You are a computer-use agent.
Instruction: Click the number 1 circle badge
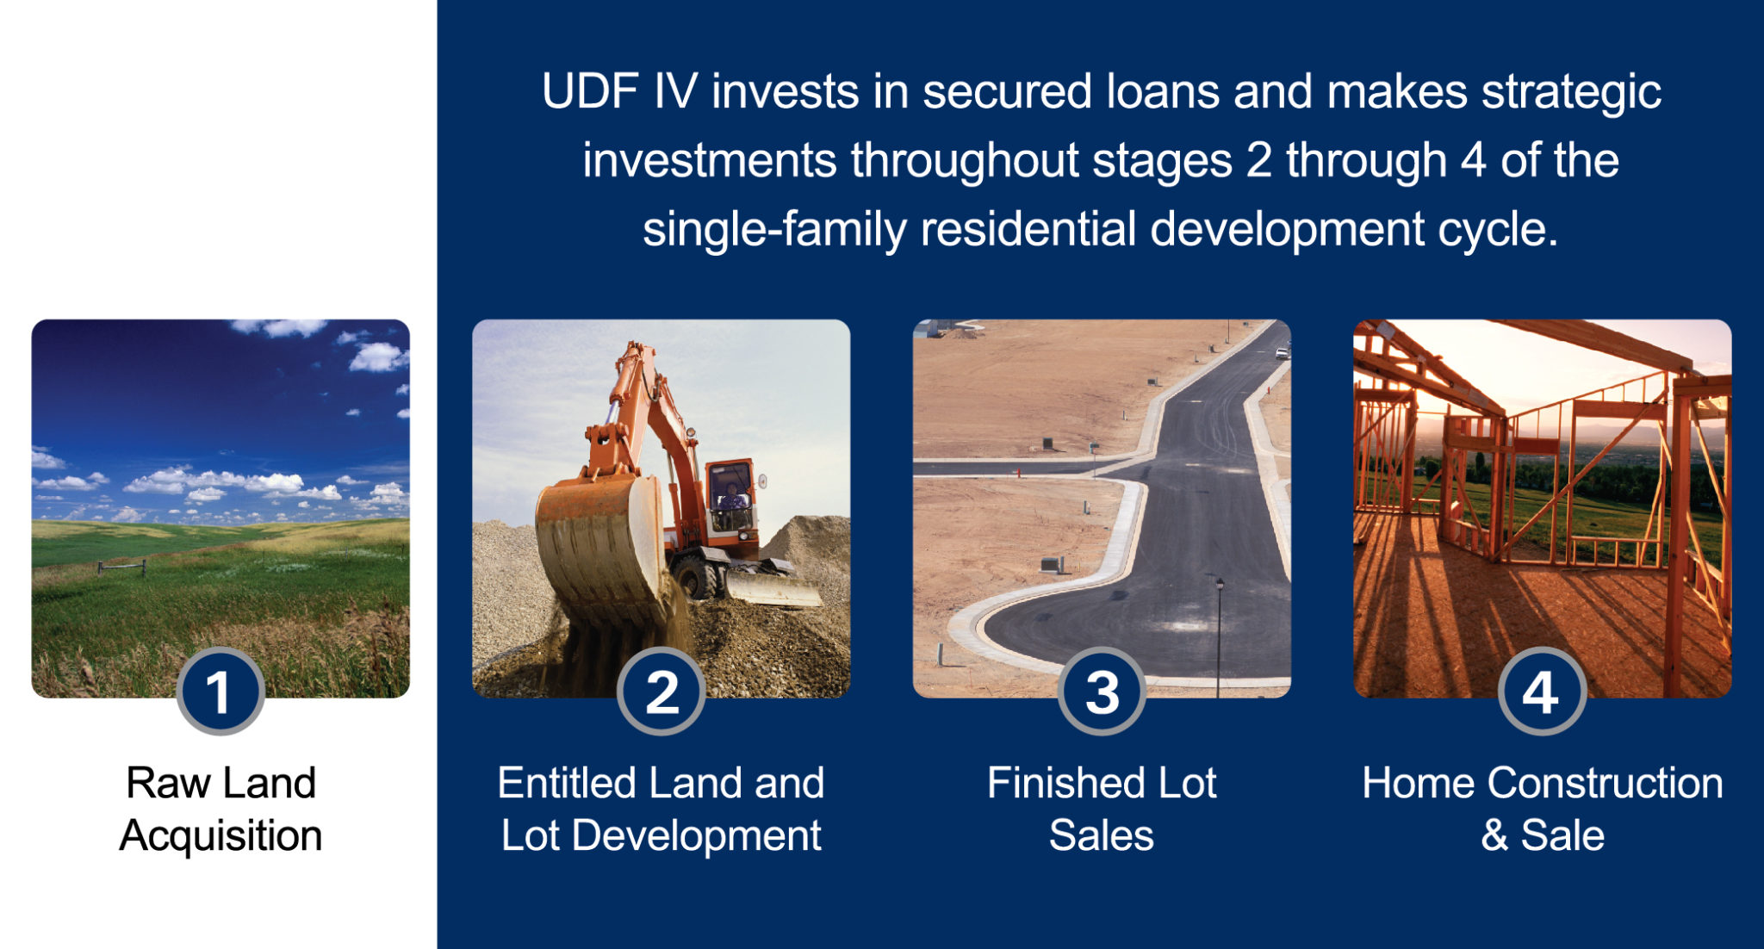pos(220,692)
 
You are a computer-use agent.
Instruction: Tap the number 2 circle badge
pos(661,692)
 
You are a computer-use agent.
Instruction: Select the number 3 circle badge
pos(1102,692)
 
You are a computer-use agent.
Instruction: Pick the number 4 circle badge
pos(1542,692)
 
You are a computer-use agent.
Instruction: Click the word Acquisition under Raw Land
pos(220,836)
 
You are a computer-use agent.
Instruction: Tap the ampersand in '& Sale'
pos(1494,835)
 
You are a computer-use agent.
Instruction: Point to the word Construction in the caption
pos(1605,783)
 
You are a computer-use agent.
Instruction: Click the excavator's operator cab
pos(730,495)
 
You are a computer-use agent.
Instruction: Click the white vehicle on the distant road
pos(1282,351)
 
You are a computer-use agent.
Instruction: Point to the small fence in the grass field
pos(121,567)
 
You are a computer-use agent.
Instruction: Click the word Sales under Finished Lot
pos(1101,835)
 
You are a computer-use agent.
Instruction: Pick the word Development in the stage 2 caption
pos(696,836)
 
